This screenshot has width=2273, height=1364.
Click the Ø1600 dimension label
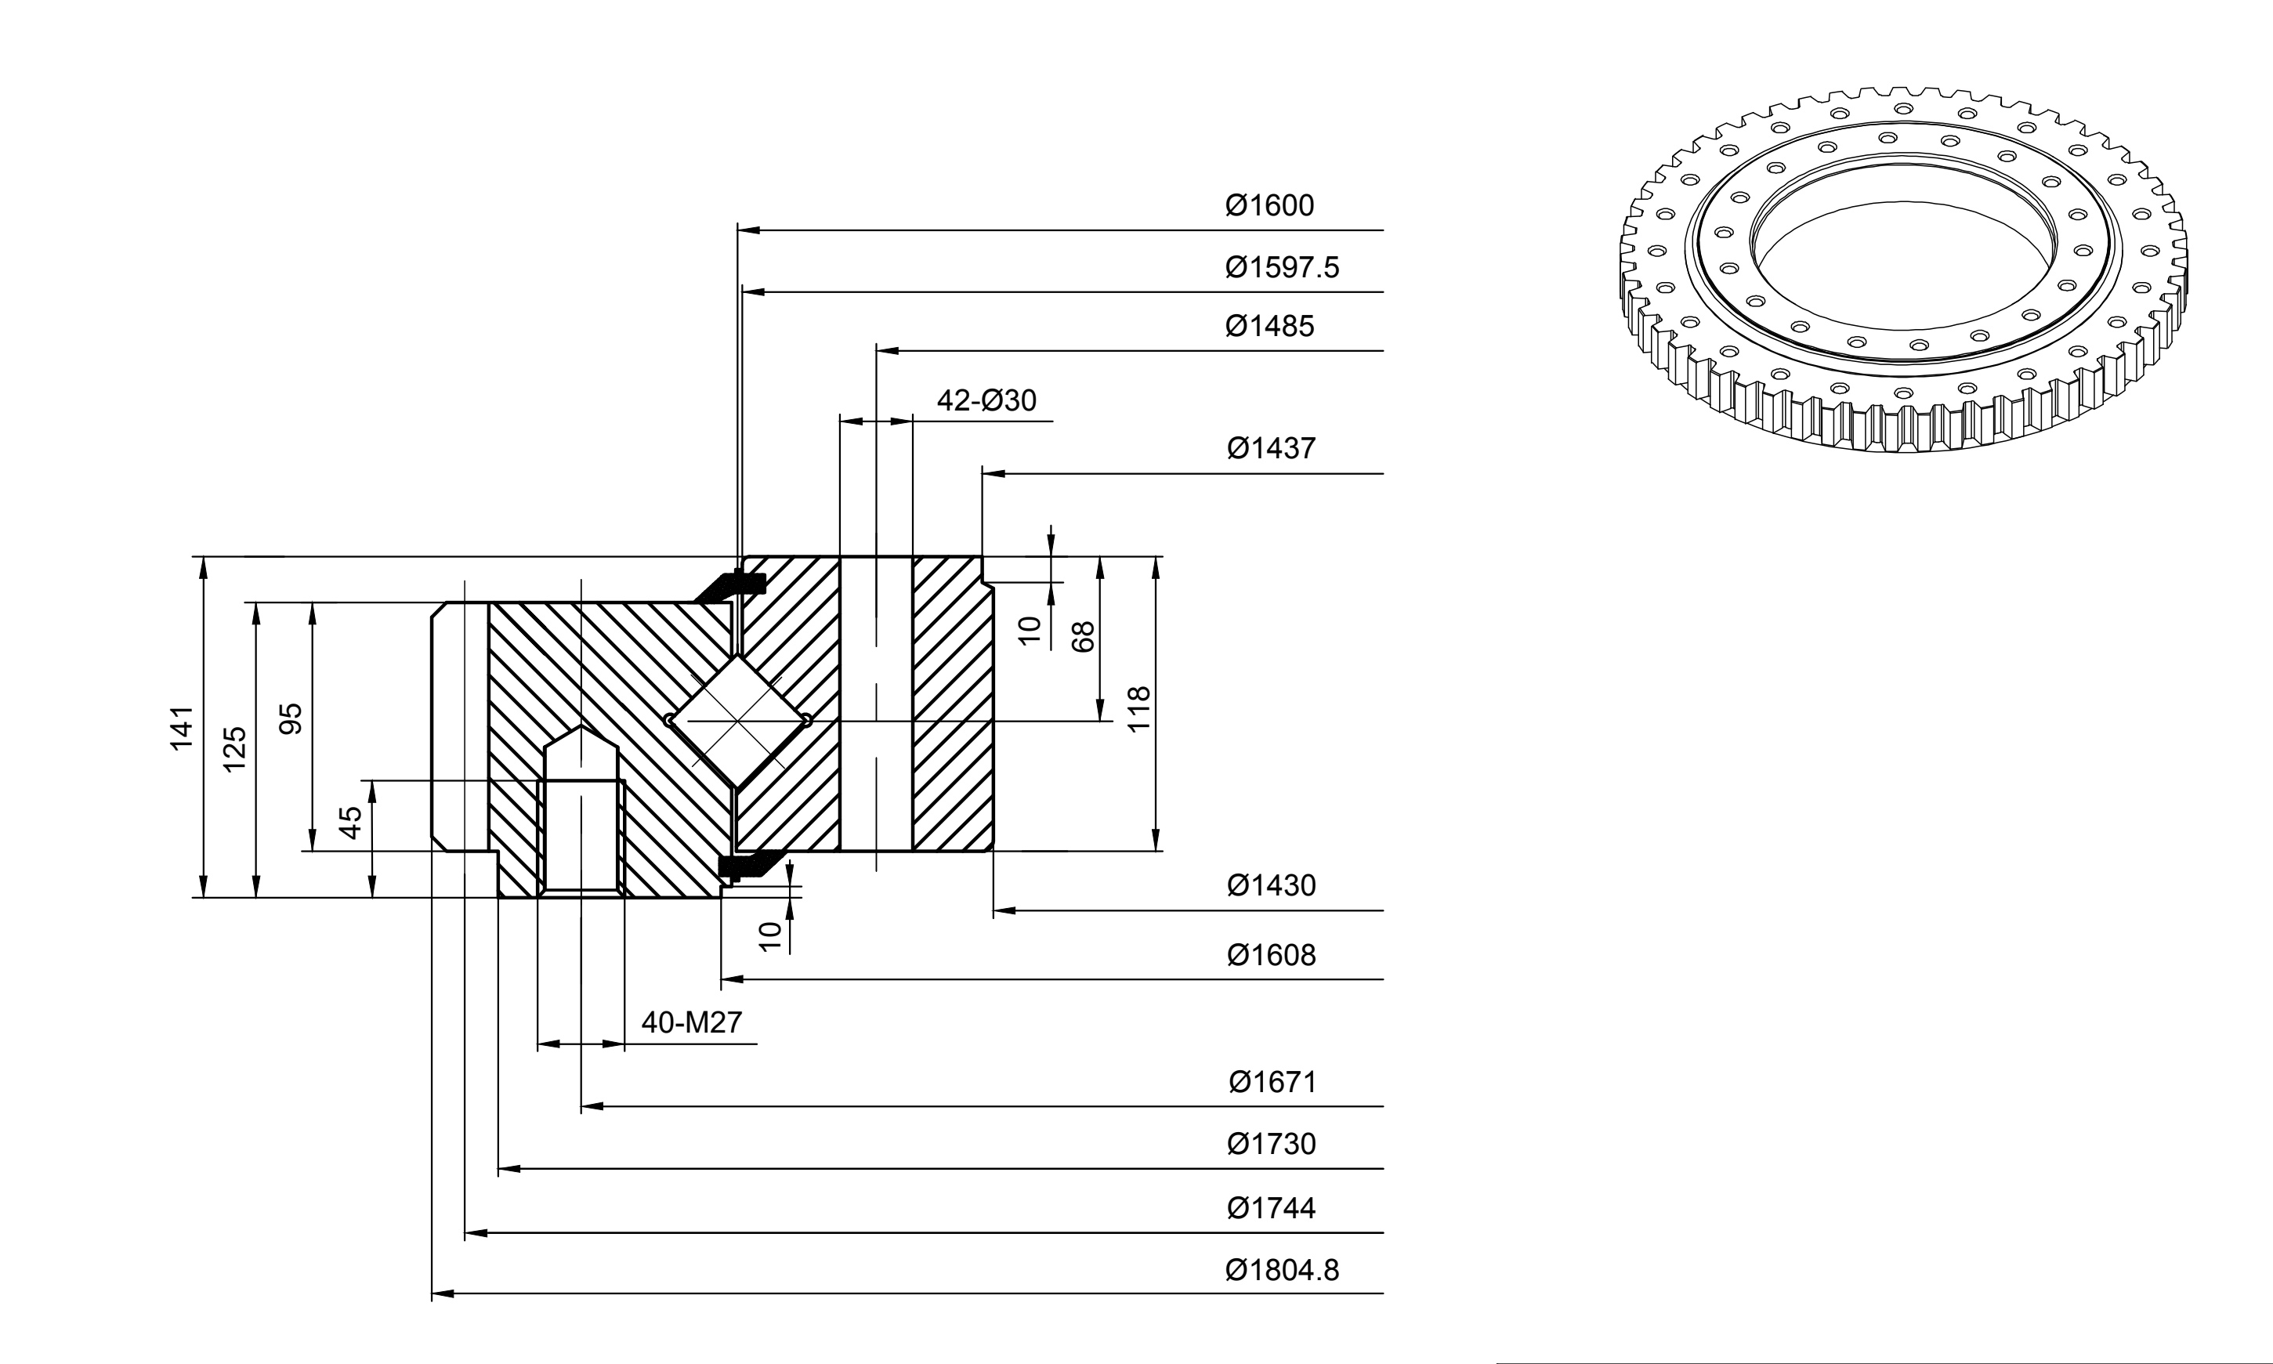pos(1269,205)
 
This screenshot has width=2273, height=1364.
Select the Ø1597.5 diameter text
pos(1282,267)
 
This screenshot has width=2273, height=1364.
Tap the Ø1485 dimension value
pos(1269,326)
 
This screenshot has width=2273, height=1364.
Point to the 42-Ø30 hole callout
pos(986,401)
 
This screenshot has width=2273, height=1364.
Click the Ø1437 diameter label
pos(1271,449)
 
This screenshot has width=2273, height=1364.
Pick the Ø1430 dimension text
pos(1271,885)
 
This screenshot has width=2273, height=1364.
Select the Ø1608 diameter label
pos(1271,955)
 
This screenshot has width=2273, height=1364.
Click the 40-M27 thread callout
pos(691,1022)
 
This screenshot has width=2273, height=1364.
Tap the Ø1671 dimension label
pos(1273,1082)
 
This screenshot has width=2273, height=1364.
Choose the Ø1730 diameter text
pos(1271,1145)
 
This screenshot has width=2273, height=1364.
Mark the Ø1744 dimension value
pos(1271,1208)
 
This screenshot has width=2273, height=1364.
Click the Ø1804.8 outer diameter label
pos(1282,1270)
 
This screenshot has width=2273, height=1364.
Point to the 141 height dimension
pos(182,728)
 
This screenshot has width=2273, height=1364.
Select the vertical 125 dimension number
pos(235,749)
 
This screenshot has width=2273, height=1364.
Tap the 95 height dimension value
pos(291,718)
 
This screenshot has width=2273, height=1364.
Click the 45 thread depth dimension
pos(351,823)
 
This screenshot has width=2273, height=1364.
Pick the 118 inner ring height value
pos(1138,709)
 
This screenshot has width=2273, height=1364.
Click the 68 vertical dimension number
pos(1084,637)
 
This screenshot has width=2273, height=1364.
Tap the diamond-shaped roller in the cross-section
pos(738,721)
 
